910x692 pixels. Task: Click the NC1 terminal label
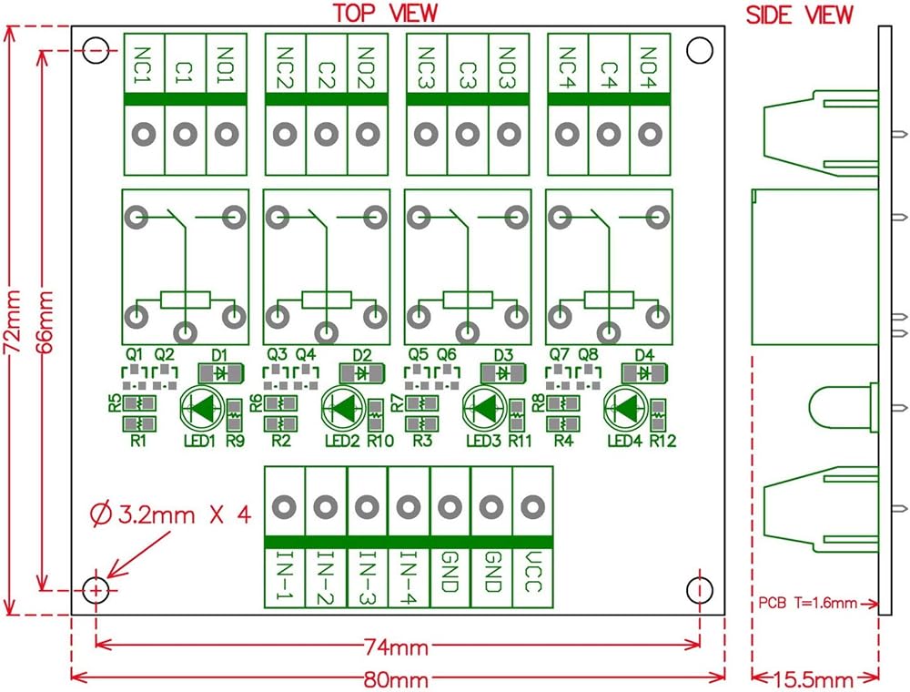[x=144, y=65]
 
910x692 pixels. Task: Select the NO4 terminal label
[x=650, y=65]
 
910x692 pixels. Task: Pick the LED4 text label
[x=625, y=443]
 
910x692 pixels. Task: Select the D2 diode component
[x=361, y=372]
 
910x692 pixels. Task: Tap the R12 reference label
[x=663, y=443]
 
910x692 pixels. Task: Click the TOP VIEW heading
[x=385, y=14]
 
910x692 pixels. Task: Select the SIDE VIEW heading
[x=800, y=15]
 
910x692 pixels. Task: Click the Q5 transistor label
[x=418, y=354]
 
